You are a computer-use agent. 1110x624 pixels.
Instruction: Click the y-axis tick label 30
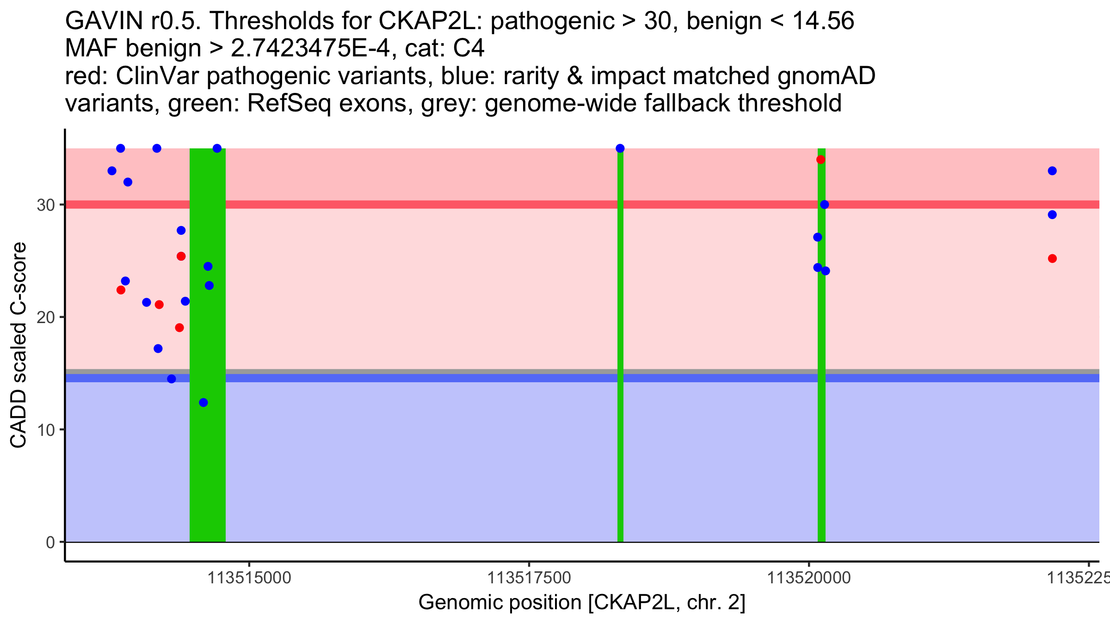45,205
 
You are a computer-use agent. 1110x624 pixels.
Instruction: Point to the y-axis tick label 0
50,542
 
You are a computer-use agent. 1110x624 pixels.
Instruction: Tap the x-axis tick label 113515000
249,578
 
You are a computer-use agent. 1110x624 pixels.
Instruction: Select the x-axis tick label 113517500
529,578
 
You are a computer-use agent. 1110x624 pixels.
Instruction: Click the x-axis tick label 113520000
809,578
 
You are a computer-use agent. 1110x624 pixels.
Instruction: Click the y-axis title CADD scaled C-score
18,345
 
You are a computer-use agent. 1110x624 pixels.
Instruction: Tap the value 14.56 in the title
823,21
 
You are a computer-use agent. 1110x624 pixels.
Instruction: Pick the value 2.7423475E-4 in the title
310,49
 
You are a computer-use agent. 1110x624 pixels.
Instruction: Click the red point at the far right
1052,258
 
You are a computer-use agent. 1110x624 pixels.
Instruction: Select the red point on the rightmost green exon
820,160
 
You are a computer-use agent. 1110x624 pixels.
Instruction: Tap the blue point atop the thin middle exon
620,148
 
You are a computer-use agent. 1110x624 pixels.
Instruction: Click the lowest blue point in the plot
203,403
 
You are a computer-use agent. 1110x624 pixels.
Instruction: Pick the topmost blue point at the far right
1052,171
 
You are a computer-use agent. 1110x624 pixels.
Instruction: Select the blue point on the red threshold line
824,205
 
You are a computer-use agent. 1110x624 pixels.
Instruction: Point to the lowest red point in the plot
179,328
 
